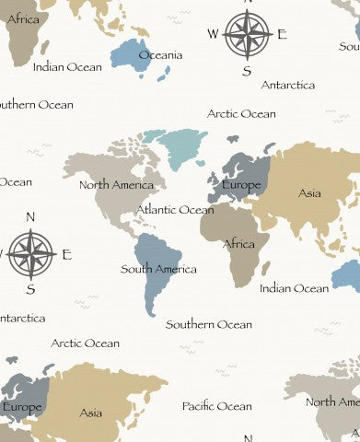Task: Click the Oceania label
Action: tap(160, 55)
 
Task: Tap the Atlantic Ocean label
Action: tap(175, 210)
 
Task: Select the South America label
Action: tap(158, 270)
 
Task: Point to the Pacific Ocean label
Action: tap(216, 406)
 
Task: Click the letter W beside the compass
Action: tap(213, 34)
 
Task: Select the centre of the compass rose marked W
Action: tap(247, 34)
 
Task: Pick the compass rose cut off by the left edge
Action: tap(29, 254)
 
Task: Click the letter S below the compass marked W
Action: tap(246, 71)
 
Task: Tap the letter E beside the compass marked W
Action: tap(282, 35)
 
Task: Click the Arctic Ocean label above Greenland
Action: tap(241, 114)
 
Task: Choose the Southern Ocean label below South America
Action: tap(209, 324)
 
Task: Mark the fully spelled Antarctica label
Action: tap(288, 86)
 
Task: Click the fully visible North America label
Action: tap(116, 185)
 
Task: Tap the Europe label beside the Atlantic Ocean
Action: tap(241, 185)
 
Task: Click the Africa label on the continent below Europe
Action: tap(239, 244)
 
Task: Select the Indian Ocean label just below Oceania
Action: tap(67, 67)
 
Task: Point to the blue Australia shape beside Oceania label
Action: tap(129, 53)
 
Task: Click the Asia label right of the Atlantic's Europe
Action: tap(309, 193)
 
